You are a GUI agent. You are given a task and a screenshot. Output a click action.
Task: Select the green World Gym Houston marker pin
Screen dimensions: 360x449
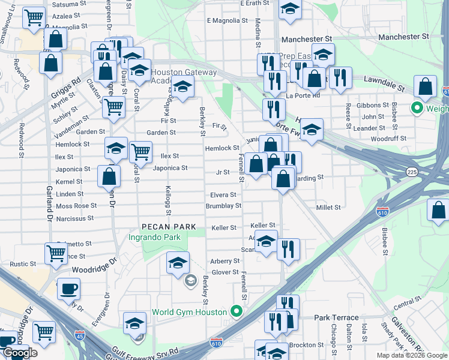(237, 311)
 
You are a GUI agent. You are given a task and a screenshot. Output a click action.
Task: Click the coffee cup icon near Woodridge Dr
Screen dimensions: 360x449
(68, 289)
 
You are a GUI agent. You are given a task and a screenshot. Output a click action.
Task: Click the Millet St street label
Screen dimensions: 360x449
(328, 207)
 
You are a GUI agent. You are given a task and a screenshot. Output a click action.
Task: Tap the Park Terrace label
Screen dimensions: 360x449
(337, 317)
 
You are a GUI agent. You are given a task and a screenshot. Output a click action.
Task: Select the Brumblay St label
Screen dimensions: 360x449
(223, 205)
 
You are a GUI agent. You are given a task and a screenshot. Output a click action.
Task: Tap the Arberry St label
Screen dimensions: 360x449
(224, 261)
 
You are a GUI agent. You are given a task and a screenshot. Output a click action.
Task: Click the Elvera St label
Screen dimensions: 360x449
(223, 195)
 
